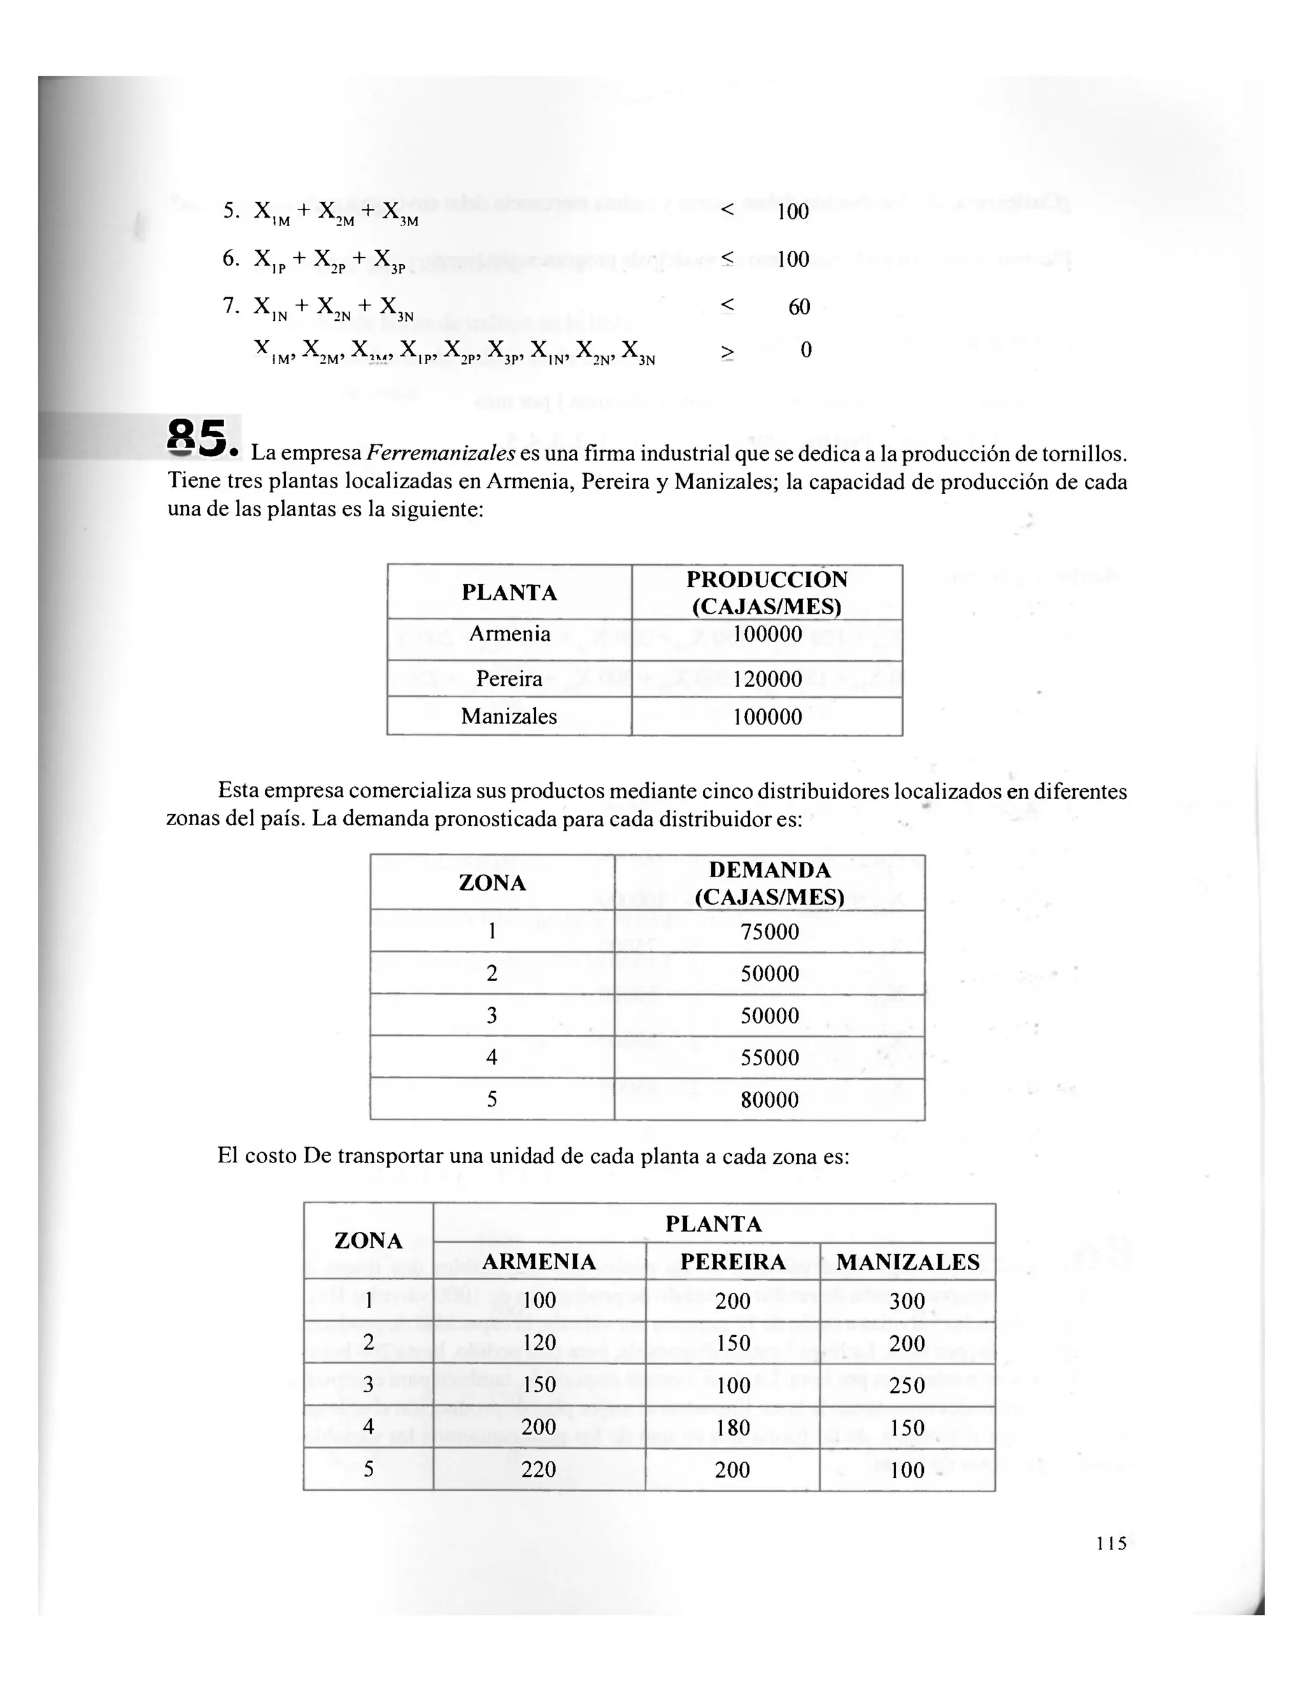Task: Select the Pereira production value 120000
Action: (767, 679)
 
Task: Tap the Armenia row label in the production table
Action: (509, 634)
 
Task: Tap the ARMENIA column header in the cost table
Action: (539, 1262)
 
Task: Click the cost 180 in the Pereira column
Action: (732, 1427)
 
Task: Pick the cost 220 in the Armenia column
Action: (539, 1469)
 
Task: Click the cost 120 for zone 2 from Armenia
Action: (539, 1343)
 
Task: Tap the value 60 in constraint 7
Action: (799, 307)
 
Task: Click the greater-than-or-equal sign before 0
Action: (727, 352)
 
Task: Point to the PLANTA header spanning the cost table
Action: (713, 1224)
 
